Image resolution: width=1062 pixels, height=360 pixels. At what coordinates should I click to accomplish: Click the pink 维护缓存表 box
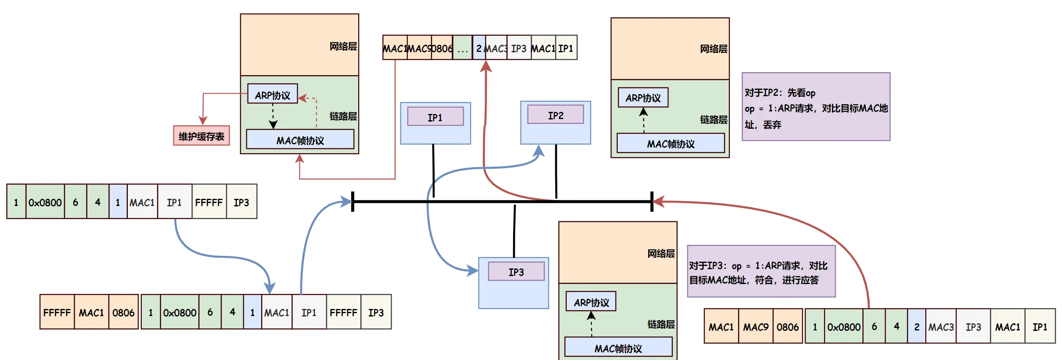[x=201, y=136]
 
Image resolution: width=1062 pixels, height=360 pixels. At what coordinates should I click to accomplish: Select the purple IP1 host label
[x=435, y=117]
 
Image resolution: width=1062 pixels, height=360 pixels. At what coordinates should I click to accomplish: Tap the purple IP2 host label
[x=555, y=115]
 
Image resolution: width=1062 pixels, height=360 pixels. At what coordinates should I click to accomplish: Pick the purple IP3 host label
[x=516, y=272]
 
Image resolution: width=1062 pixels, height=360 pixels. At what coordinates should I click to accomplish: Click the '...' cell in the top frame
[x=462, y=48]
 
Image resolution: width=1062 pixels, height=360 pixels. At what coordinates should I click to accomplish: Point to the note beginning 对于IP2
[x=816, y=107]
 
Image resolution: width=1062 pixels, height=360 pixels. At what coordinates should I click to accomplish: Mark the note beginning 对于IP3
[x=761, y=272]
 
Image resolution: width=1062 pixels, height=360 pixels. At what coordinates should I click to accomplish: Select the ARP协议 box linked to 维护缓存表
[x=273, y=95]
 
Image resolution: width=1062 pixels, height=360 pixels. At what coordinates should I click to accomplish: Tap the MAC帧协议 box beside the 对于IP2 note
[x=670, y=143]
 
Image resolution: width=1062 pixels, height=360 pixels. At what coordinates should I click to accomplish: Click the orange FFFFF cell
[x=57, y=312]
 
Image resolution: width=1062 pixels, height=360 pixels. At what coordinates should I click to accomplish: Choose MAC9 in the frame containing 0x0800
[x=755, y=327]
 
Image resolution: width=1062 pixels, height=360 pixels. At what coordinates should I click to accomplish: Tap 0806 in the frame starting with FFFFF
[x=123, y=312]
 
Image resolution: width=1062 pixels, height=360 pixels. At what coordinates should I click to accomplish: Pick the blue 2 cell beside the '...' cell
[x=479, y=48]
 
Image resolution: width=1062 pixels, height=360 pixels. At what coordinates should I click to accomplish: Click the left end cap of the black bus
[x=353, y=202]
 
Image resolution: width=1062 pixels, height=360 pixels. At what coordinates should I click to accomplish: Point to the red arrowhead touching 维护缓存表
[x=203, y=121]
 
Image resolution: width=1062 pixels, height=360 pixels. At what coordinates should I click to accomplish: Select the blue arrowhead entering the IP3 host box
[x=473, y=270]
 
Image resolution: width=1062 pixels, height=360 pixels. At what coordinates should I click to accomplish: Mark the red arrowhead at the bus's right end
[x=659, y=202]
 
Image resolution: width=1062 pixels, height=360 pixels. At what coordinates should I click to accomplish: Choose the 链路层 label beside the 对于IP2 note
[x=713, y=120]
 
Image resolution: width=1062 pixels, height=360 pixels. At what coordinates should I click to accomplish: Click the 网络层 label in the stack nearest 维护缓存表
[x=343, y=46]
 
